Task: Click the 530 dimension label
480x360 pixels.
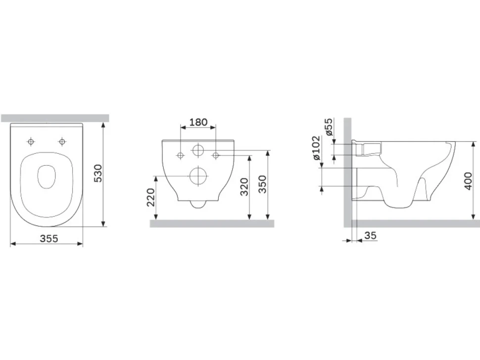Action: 97,174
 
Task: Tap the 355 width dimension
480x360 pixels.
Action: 49,238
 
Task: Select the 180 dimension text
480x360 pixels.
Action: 198,122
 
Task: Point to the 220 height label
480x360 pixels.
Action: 151,197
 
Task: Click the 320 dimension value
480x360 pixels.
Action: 244,187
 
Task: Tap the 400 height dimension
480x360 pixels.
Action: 468,181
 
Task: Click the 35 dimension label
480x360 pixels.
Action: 371,235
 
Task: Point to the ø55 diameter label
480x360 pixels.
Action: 329,127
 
